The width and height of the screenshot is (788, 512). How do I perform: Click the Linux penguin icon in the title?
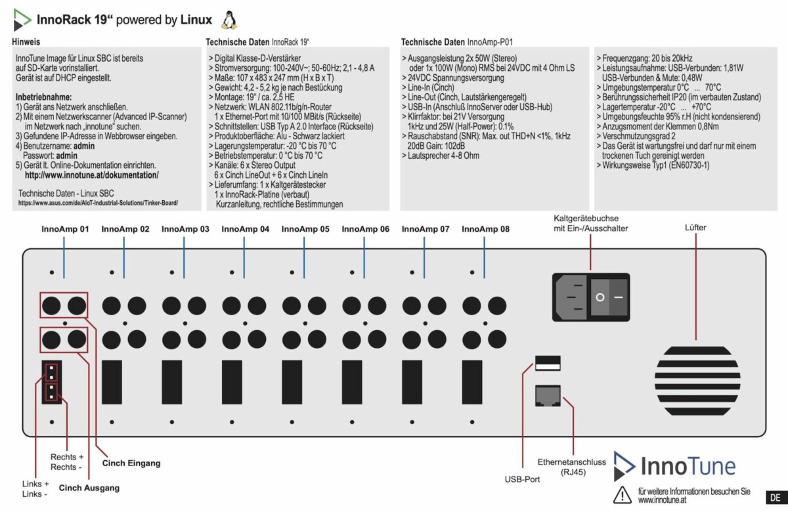point(229,20)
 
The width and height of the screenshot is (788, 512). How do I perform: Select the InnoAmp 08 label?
point(486,229)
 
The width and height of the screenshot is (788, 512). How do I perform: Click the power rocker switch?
point(609,297)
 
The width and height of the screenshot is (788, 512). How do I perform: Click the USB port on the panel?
point(548,361)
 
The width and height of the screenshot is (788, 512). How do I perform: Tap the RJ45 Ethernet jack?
point(548,395)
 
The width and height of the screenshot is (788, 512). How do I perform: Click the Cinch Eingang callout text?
point(131,463)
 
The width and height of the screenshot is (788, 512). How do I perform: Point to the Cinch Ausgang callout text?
point(89,488)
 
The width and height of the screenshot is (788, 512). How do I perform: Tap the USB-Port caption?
point(523,480)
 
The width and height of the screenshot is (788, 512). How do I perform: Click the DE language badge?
point(776,496)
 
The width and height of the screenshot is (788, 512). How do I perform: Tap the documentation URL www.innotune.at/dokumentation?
point(91,175)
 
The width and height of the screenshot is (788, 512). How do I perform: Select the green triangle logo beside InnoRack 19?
point(22,21)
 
